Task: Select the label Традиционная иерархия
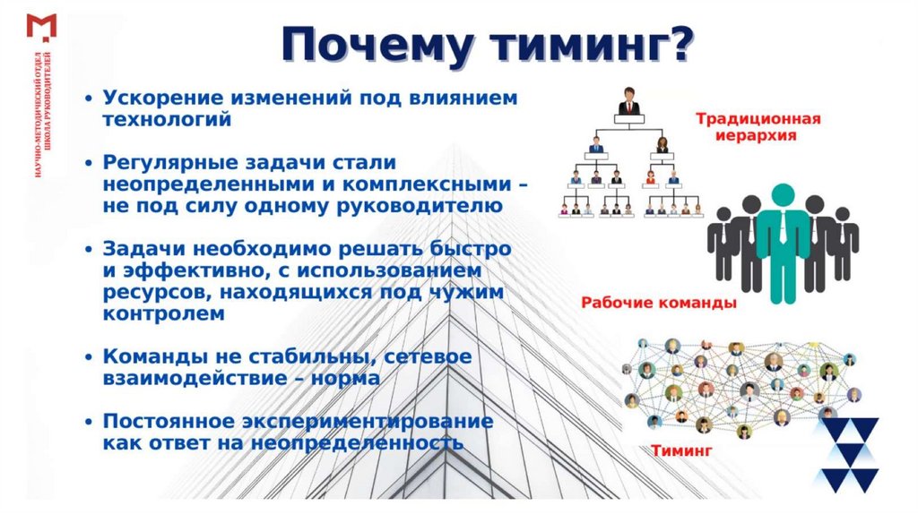757,127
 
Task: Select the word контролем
158,314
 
